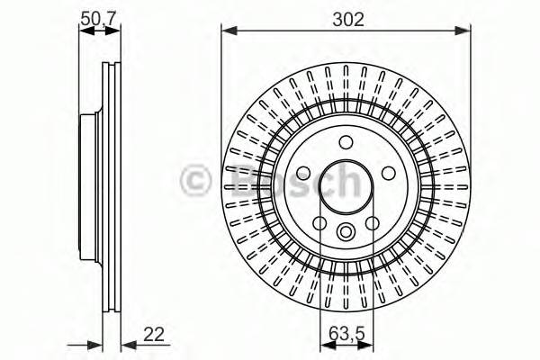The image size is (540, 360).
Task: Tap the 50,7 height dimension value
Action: point(99,17)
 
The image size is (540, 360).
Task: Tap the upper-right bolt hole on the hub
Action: point(388,174)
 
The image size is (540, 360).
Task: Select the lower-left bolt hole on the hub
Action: point(319,223)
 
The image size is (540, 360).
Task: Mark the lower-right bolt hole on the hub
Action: point(373,223)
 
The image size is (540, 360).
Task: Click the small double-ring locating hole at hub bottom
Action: point(346,233)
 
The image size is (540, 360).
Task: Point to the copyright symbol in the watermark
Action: point(197,181)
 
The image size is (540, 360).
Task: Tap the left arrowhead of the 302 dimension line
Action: point(228,31)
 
